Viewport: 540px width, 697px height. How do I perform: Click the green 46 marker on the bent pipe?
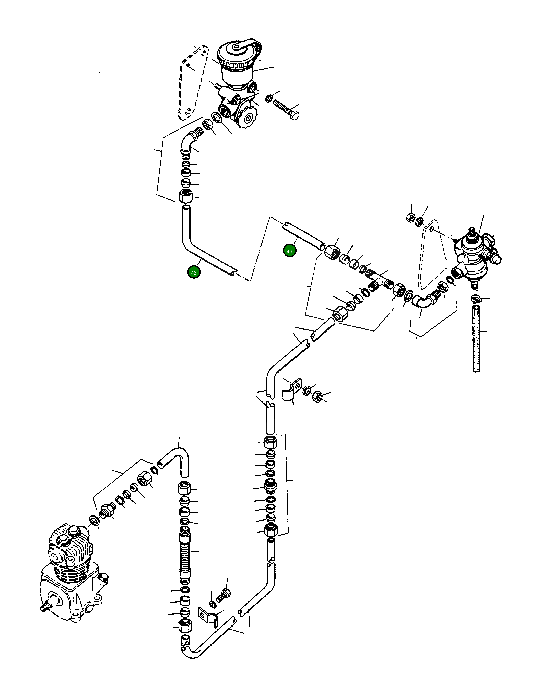pos(194,273)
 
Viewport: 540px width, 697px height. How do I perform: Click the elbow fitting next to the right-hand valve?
pos(422,301)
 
